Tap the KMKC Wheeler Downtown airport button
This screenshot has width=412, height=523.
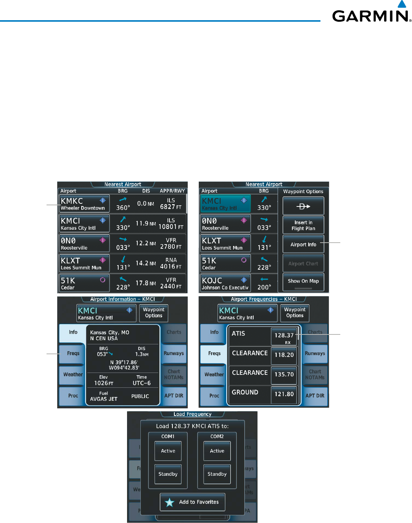pos(84,203)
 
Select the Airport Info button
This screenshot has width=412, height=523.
pos(303,244)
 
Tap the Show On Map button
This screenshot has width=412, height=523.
pos(303,281)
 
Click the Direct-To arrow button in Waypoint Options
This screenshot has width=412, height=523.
pos(303,206)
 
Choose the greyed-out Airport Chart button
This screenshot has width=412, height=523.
pos(303,263)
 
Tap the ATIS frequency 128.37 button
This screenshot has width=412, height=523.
pos(284,336)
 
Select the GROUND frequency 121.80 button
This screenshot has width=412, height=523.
pos(284,394)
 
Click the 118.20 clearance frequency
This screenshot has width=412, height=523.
pos(284,355)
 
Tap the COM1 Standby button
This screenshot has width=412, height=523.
pos(168,474)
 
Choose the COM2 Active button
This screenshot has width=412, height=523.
pos(217,451)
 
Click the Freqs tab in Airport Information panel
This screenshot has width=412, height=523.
pos(73,353)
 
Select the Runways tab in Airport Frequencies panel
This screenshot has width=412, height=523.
pos(315,353)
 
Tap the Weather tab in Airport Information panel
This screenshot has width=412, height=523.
pos(73,374)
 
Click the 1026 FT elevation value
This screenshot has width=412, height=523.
pos(104,383)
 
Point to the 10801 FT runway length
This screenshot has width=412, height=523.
pos(171,227)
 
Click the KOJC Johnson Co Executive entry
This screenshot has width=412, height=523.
pos(225,283)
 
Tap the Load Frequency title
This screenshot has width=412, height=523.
pos(192,414)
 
